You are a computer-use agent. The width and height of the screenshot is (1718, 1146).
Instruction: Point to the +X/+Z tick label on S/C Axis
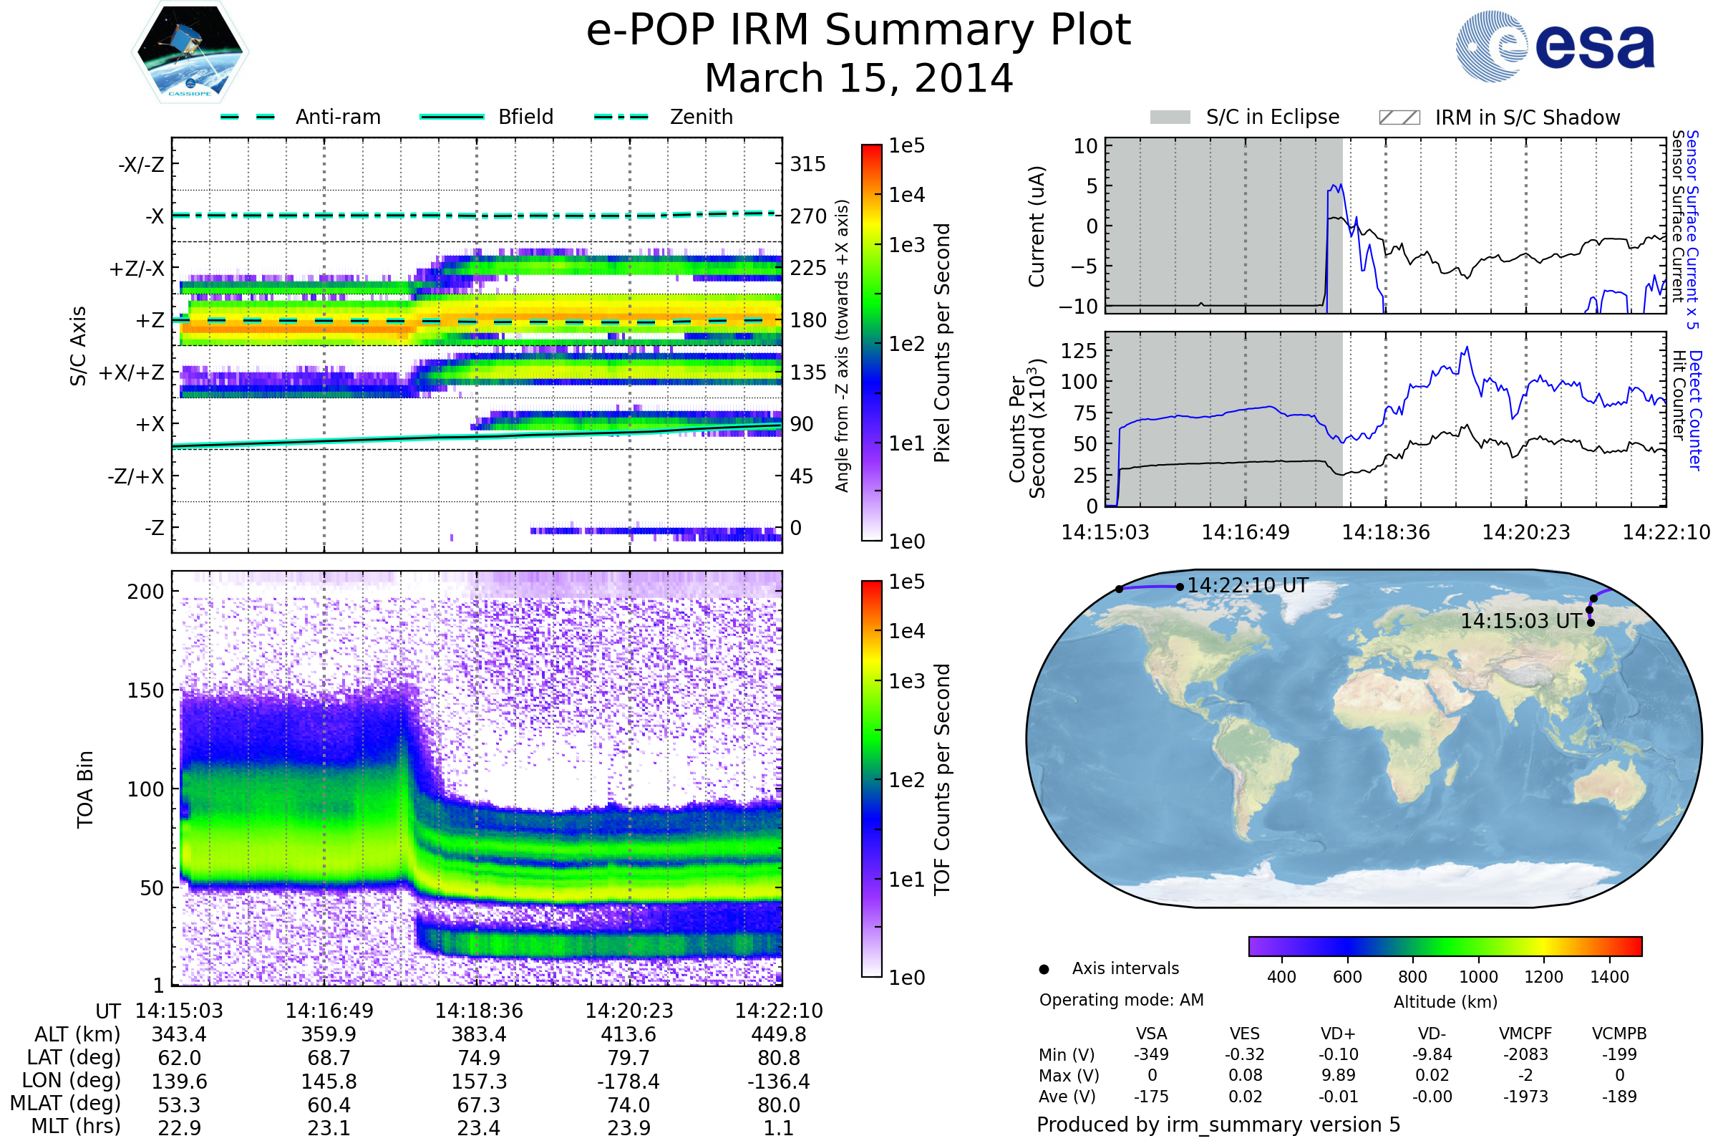(x=132, y=372)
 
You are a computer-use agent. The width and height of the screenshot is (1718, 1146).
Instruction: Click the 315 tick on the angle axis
(x=807, y=164)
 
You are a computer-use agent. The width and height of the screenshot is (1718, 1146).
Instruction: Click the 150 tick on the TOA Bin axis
(x=145, y=690)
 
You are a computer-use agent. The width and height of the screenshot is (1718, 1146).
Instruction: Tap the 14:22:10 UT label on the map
(x=1248, y=585)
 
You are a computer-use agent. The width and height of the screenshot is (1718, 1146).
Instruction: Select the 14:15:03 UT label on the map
(x=1520, y=621)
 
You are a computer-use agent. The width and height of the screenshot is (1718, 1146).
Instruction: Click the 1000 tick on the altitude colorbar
(x=1477, y=977)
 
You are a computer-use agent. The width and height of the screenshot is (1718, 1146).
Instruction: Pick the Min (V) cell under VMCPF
(x=1525, y=1054)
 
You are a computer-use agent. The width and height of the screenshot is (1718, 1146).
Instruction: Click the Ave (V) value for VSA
(x=1152, y=1097)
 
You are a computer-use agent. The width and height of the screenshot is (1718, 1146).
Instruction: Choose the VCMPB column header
(x=1618, y=1034)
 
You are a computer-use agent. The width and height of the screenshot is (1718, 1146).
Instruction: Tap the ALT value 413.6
(x=629, y=1034)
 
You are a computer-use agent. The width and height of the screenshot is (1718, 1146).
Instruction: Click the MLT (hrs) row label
(x=76, y=1126)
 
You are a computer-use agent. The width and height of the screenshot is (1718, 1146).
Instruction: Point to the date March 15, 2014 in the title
(x=858, y=78)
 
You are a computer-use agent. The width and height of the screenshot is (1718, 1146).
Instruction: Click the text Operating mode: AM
(x=1121, y=1000)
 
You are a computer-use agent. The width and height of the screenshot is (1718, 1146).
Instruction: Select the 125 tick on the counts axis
(x=1078, y=351)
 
